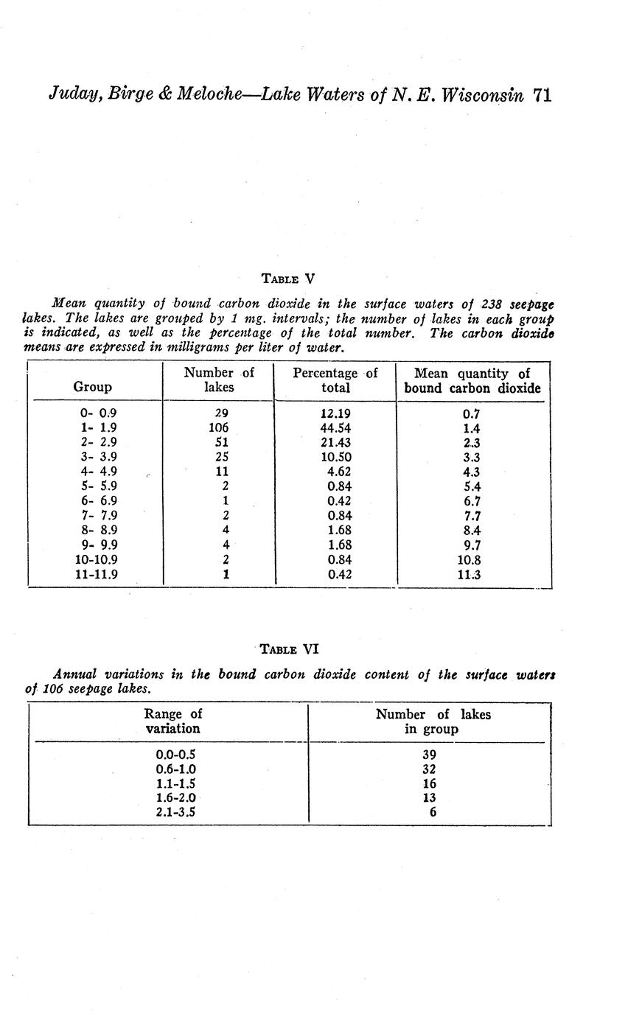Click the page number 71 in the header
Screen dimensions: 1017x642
[x=541, y=95]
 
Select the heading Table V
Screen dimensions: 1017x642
[x=288, y=279]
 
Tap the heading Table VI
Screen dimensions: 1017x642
[x=290, y=649]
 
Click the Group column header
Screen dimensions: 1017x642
[x=93, y=387]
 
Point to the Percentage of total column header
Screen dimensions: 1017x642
[x=335, y=380]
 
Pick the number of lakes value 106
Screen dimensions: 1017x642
[x=219, y=428]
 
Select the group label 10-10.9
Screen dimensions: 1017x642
[x=96, y=560]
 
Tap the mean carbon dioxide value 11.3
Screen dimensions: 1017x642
[x=468, y=575]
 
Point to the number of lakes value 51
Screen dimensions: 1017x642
[x=221, y=443]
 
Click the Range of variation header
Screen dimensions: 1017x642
[x=173, y=721]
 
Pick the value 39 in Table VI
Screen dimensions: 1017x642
[x=429, y=755]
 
